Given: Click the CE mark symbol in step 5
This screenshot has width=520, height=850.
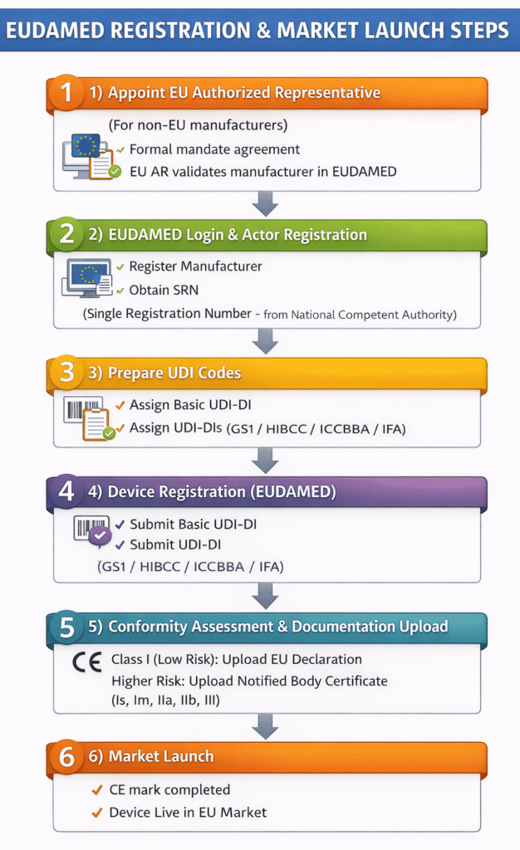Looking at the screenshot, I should coord(86,663).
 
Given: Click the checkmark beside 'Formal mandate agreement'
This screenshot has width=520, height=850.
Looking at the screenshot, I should coord(121,150).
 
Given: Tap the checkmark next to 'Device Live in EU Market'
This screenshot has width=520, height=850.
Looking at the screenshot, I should coord(97,812).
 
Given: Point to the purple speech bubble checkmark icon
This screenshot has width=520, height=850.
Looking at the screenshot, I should coord(100,536).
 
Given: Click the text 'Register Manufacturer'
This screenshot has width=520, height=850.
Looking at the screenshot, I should coord(195,266).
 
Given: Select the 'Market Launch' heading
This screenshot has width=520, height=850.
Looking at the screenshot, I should coord(161,756).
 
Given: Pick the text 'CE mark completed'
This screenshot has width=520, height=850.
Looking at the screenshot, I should coord(169,790).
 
